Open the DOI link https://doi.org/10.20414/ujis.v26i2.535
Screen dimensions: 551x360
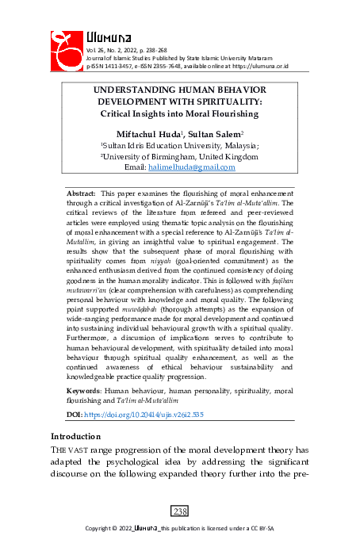144,415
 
